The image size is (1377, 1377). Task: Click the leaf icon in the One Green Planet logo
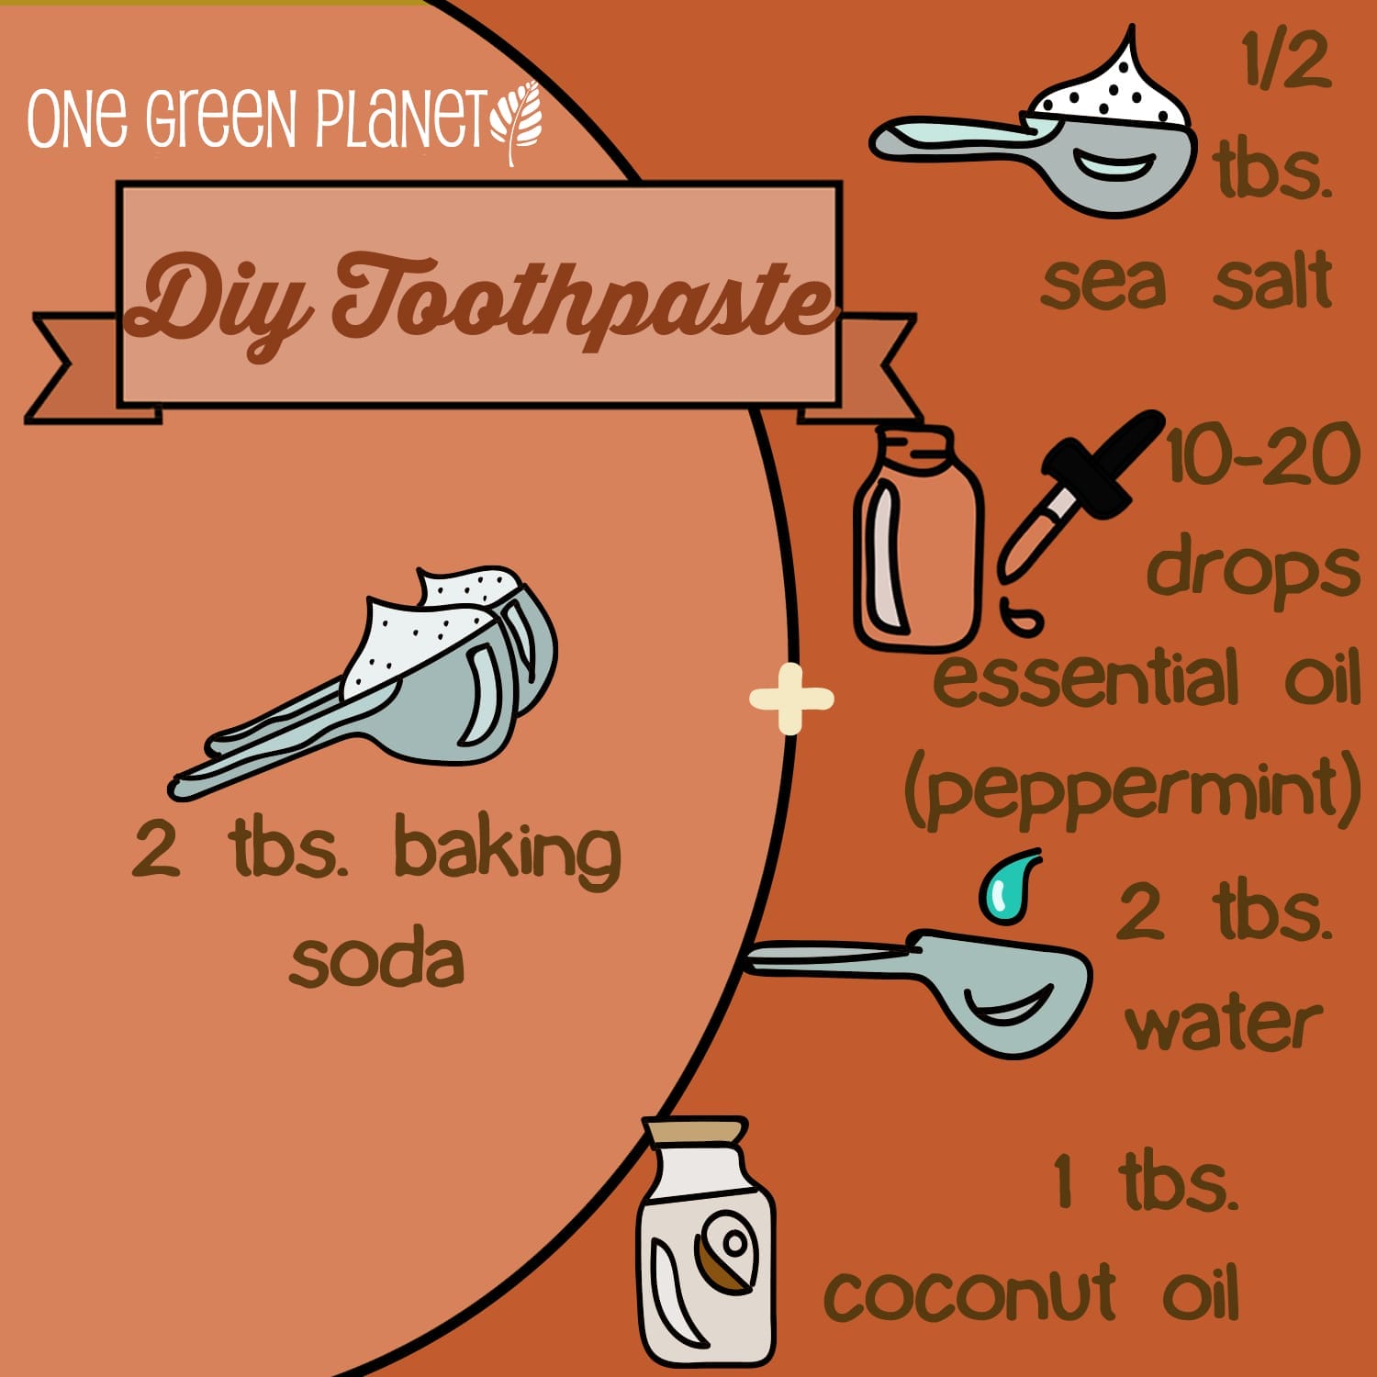tap(517, 123)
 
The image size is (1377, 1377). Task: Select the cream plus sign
tap(791, 700)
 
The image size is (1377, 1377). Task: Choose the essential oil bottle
tap(918, 539)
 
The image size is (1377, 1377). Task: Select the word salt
tap(1272, 280)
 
